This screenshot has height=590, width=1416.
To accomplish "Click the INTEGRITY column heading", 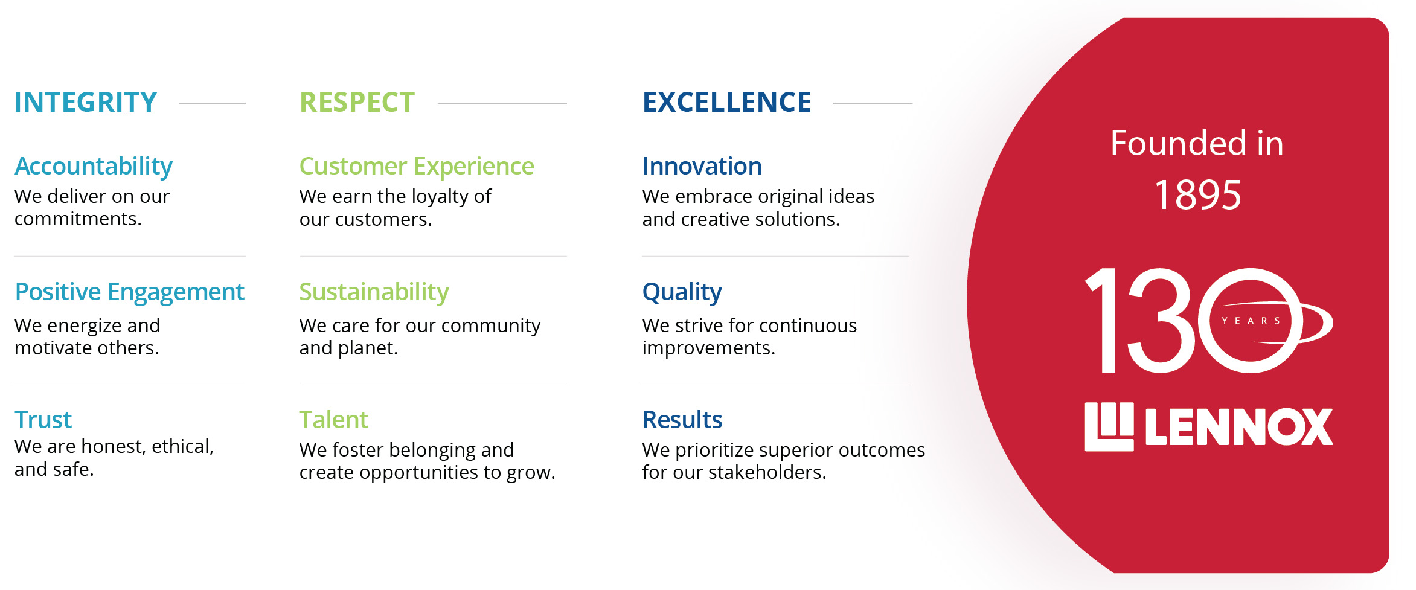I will pos(85,102).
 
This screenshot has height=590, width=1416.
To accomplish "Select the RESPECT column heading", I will pos(357,102).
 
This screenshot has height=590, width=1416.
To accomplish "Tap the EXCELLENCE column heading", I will pos(726,102).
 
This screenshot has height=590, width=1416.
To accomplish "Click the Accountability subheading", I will pos(94,166).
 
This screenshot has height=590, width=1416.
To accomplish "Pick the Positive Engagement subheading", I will pos(129,292).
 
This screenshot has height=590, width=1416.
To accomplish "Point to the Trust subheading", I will pos(43,420).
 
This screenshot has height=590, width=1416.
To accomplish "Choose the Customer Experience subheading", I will pos(416,166).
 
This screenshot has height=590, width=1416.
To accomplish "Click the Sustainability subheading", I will pos(374,292).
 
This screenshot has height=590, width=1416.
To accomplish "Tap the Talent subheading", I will pos(333,420).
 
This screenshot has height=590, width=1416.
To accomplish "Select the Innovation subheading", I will pos(702,166).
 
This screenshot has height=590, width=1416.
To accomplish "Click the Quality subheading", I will pos(682,292).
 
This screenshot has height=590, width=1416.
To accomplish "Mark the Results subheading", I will pos(682,420).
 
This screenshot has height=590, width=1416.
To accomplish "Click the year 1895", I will pos(1197,195).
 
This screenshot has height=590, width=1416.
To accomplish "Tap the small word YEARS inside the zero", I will pos(1251,321).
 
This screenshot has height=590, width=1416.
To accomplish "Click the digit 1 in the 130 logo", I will pos(1104,320).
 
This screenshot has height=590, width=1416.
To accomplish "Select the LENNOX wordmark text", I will pos(1238,427).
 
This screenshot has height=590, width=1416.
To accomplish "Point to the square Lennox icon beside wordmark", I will pos(1109,426).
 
